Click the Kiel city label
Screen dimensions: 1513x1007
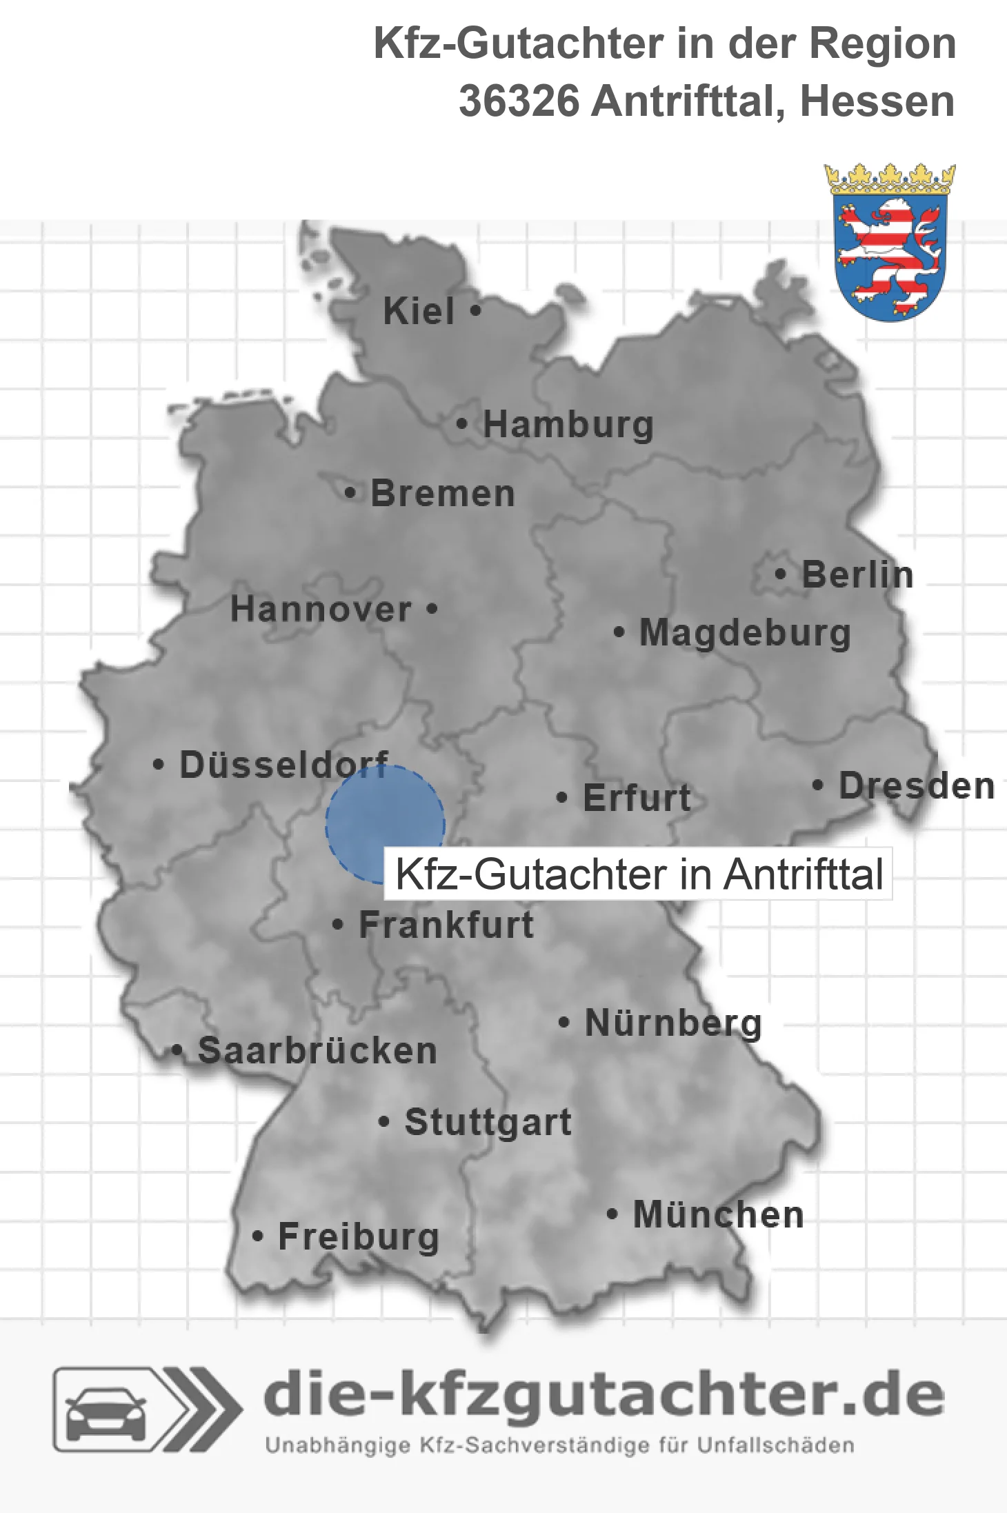coord(419,311)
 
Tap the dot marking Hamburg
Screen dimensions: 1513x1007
coord(461,424)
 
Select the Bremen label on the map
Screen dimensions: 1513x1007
coord(443,494)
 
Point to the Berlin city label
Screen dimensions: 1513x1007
coord(857,574)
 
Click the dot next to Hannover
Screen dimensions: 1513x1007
coord(432,608)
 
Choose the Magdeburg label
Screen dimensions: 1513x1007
coord(745,633)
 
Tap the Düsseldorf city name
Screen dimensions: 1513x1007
coord(283,765)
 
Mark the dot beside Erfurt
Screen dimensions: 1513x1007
coord(562,798)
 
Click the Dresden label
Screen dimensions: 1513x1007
coord(917,785)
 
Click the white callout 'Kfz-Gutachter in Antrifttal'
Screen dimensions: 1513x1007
coord(638,874)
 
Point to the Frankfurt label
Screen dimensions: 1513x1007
coord(446,925)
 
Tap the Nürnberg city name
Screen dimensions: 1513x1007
coord(673,1023)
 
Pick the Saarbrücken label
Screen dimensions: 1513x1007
coord(317,1051)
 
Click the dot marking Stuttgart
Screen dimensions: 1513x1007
coord(384,1122)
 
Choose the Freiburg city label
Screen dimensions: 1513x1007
coord(359,1236)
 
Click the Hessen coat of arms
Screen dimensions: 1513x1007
coord(890,243)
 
